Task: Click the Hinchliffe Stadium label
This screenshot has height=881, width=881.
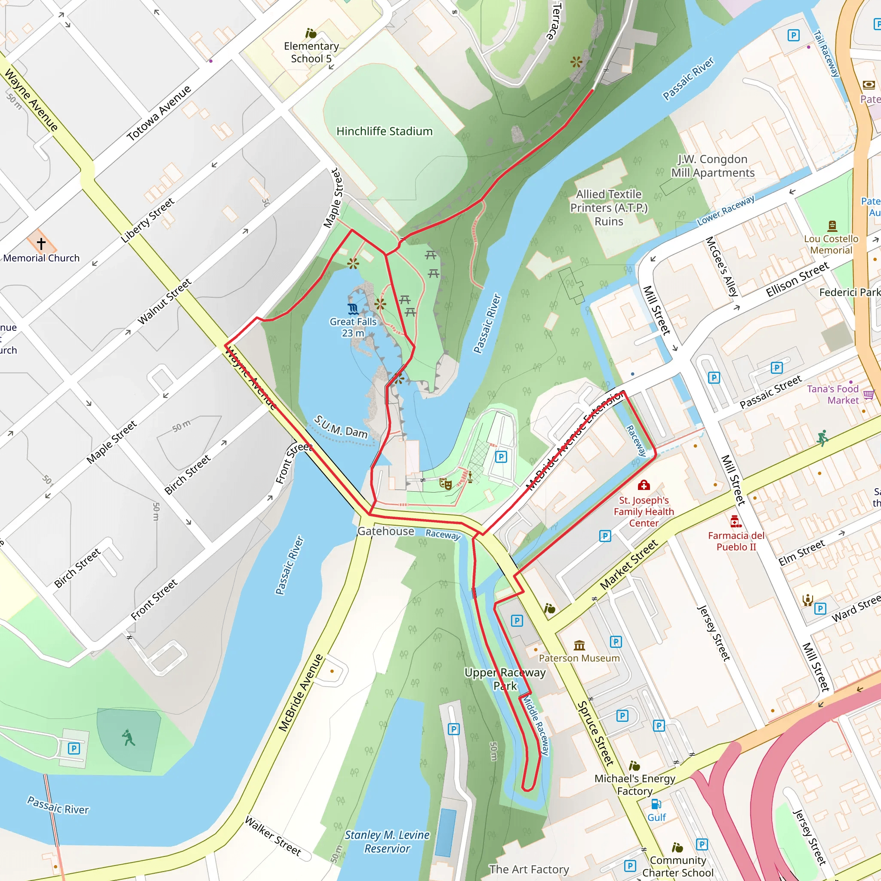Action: click(384, 131)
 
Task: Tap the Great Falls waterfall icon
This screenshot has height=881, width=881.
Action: click(353, 309)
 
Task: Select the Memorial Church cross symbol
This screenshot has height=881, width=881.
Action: click(41, 243)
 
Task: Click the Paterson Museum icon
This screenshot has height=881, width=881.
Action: click(579, 645)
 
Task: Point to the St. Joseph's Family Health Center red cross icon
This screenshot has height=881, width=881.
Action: click(644, 485)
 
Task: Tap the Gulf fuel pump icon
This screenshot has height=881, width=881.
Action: click(656, 804)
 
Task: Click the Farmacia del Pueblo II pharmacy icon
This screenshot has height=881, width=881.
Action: click(735, 521)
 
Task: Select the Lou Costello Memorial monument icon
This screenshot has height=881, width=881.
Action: click(832, 225)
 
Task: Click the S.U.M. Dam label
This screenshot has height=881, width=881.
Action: click(341, 426)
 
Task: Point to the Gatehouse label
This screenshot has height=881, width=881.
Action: click(386, 531)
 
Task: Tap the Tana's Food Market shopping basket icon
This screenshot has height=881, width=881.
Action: click(868, 394)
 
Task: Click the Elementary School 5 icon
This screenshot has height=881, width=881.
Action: click(311, 33)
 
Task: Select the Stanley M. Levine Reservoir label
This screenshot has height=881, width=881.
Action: click(387, 841)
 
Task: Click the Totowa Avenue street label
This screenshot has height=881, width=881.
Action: click(159, 113)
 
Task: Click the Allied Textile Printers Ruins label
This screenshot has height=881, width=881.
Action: click(609, 207)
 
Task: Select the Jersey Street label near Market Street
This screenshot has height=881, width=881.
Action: click(714, 632)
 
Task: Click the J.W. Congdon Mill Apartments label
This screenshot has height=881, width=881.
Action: click(713, 166)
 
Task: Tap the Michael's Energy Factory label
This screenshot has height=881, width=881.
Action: click(635, 785)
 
